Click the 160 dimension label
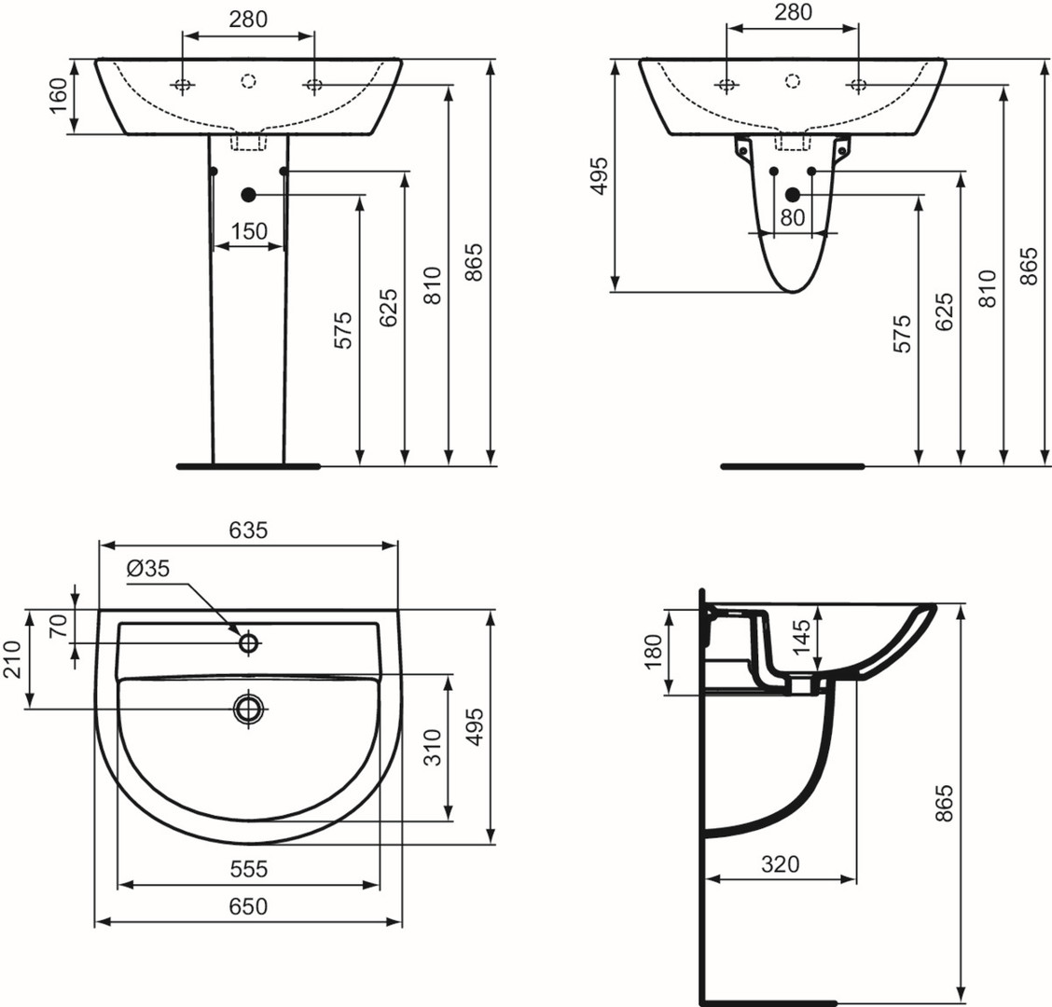click(x=60, y=96)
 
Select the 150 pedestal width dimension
click(x=249, y=231)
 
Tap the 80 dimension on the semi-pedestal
click(x=793, y=217)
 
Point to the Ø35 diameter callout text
click(x=148, y=569)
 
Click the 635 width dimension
click(x=248, y=530)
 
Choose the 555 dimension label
click(x=248, y=869)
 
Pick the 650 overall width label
click(x=248, y=906)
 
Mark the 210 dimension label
click(x=12, y=659)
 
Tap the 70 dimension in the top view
click(x=60, y=626)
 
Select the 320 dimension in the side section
click(x=781, y=864)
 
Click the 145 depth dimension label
click(x=800, y=638)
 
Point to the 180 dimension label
click(x=653, y=652)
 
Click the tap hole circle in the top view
click(x=249, y=642)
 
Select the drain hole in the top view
click(x=249, y=707)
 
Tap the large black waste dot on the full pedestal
click(x=249, y=195)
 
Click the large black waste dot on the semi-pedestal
click(x=793, y=195)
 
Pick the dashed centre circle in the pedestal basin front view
click(x=249, y=81)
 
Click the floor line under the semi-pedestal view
click(x=793, y=465)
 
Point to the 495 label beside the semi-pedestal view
click(x=599, y=176)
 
